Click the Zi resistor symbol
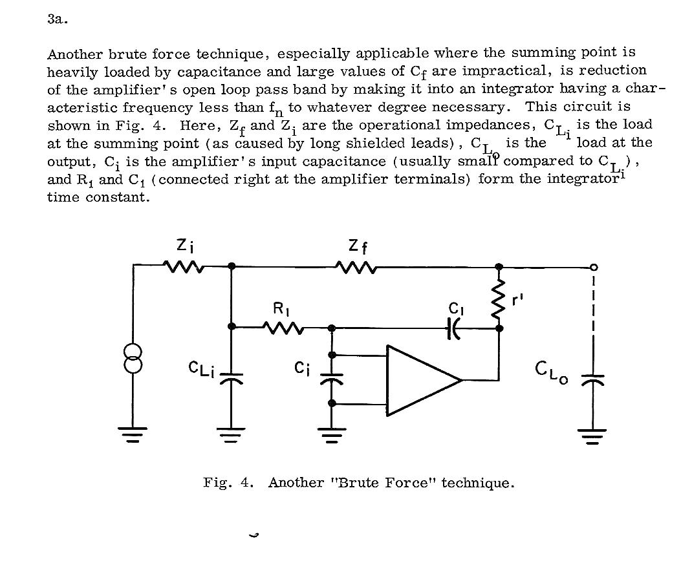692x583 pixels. pyautogui.click(x=184, y=266)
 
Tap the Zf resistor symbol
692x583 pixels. pyautogui.click(x=355, y=266)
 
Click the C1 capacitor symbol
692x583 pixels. pyautogui.click(x=453, y=328)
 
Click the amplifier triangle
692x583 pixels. pyautogui.click(x=420, y=379)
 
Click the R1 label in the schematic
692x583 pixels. pyautogui.click(x=281, y=308)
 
